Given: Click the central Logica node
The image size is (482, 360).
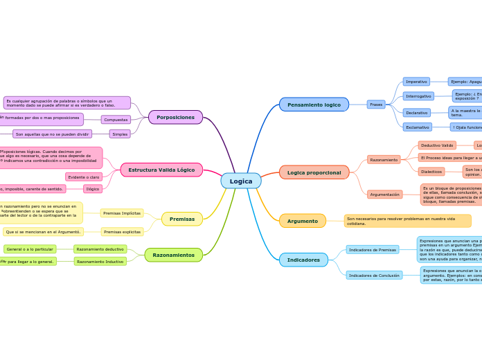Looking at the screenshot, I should point(241,181).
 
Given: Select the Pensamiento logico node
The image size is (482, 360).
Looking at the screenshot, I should point(314,105).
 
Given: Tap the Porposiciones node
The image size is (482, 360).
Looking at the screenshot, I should point(175,117).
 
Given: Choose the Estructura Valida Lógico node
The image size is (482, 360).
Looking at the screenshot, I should point(161,170).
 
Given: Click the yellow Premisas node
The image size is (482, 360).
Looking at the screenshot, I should point(182,219).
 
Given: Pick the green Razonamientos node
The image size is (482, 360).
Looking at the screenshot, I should point(174,255).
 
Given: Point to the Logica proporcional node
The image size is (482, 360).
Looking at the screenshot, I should point(314,172).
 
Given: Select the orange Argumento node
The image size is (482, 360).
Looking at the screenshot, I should point(303,221).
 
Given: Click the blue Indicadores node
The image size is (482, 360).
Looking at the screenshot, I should point(303,260).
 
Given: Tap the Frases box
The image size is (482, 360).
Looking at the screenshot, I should point(376,105).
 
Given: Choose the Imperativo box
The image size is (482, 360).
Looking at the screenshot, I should point(416,82).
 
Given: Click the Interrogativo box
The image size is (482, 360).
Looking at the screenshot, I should point(418,96).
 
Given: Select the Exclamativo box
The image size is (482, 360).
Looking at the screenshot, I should point(417,127).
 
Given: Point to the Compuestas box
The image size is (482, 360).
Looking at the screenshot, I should point(116,120).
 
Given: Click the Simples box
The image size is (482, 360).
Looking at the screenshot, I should point(120,134).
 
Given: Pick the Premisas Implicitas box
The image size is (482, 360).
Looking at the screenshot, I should point(122,213).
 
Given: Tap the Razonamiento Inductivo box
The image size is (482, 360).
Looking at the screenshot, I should point(100,262).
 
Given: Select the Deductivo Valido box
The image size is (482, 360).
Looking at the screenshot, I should point(437,145).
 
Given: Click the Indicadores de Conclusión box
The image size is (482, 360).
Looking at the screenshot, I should point(374,276).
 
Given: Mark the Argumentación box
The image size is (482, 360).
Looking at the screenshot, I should point(384,195).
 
